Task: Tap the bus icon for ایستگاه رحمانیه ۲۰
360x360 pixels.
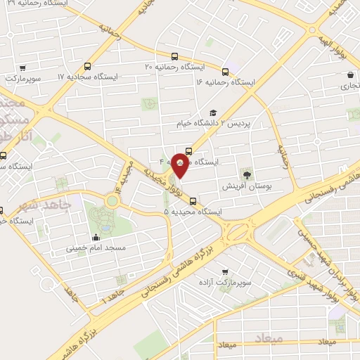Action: pos(174,56)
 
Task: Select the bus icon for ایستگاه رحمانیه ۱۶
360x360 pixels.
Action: pos(225,71)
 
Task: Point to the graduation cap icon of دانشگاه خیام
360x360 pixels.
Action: pos(213,113)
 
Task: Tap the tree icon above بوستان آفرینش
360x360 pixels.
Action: pos(246,174)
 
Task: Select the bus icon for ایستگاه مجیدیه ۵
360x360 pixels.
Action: pos(193,200)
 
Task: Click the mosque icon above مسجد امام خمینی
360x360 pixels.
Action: pos(96,237)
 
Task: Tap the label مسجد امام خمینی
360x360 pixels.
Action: pos(92,248)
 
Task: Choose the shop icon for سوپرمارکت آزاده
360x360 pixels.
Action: pos(224,271)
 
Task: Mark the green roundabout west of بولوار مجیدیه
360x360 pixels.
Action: pos(111,201)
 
